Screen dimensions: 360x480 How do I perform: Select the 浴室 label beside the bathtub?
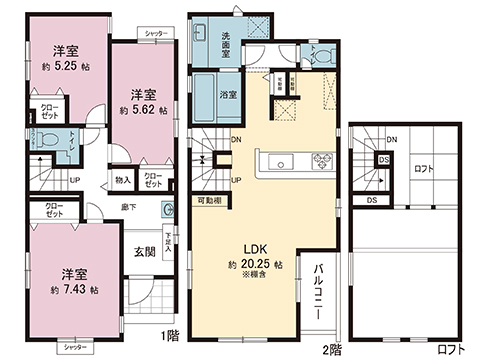pos(228,95)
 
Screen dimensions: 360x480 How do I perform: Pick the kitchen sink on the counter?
pos(277,159)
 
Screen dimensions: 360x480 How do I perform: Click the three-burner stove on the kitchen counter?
pos(324,158)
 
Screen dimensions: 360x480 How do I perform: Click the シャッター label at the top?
pos(156,34)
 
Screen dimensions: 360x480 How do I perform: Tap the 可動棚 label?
pos(210,199)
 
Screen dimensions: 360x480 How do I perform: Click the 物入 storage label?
pos(123,180)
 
